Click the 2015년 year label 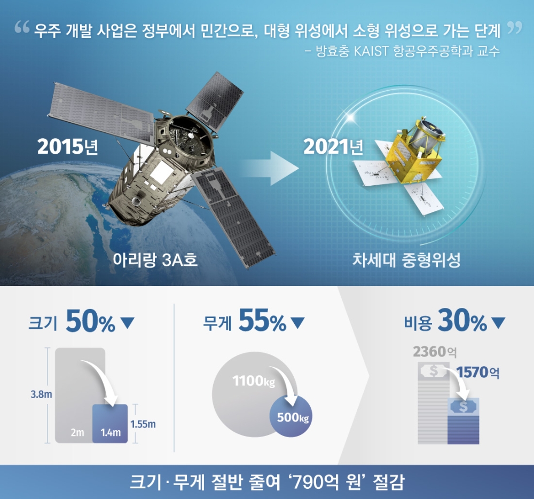[x=67, y=147]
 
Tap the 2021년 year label [x=333, y=147]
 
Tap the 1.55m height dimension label [x=143, y=424]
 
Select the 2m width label [x=77, y=433]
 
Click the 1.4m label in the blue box [x=111, y=433]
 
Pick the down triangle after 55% [x=297, y=323]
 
